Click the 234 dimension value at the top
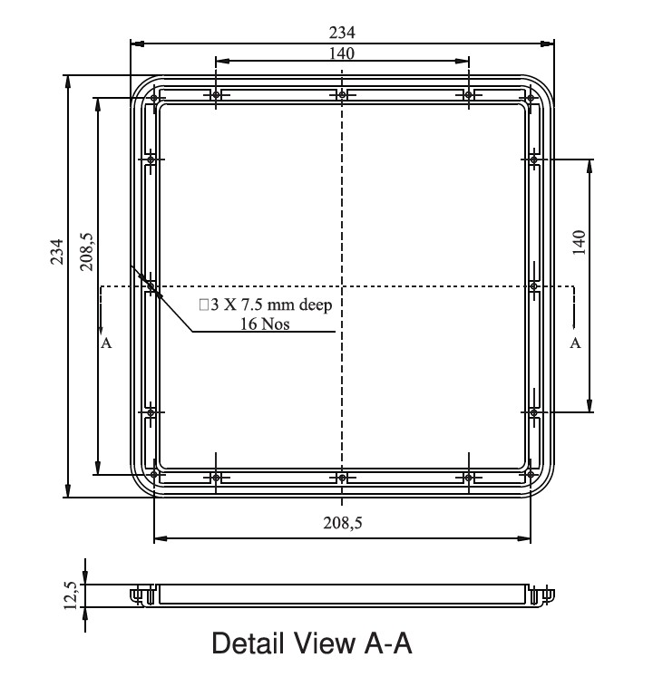pos(342,33)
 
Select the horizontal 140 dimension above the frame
pos(342,53)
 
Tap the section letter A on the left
pos(107,343)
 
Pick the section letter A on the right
pos(573,343)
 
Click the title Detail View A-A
pos(312,644)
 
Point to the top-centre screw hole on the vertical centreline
pos(341,96)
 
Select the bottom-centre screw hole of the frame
pos(341,478)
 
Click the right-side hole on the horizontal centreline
pos(533,287)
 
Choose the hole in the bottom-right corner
pos(528,474)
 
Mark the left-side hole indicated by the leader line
pos(151,286)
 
